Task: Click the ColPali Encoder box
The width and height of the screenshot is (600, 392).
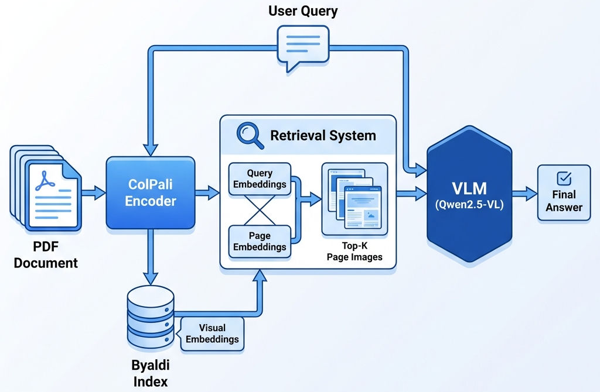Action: click(x=151, y=192)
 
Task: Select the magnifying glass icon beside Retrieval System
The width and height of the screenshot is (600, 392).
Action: click(x=250, y=134)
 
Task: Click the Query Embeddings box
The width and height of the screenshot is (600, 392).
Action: click(x=260, y=178)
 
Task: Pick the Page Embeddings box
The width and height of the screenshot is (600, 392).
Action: click(x=260, y=241)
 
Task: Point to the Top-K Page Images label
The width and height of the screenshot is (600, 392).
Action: click(x=354, y=251)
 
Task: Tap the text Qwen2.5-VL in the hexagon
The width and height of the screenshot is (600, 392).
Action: click(x=471, y=206)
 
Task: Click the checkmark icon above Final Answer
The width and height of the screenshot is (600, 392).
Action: click(x=564, y=177)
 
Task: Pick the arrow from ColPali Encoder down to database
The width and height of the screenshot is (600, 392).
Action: click(x=151, y=257)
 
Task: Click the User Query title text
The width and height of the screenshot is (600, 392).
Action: click(x=303, y=11)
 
